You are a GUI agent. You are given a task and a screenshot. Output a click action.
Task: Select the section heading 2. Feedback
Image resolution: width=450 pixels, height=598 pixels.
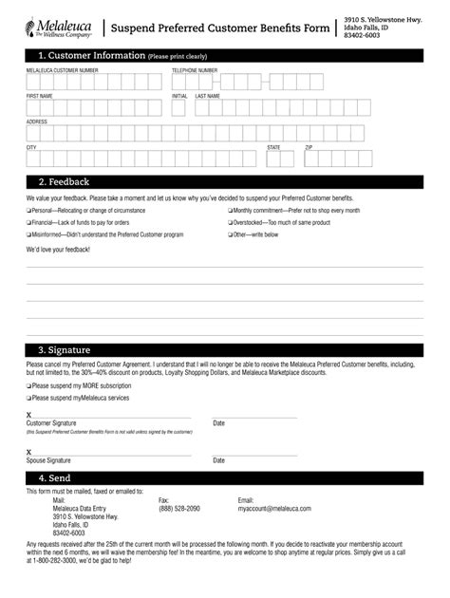point(64,180)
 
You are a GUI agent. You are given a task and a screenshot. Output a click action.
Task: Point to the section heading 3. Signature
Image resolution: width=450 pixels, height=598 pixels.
point(66,349)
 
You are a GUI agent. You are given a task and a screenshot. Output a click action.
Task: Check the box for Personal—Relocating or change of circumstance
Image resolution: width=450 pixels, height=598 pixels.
point(28,210)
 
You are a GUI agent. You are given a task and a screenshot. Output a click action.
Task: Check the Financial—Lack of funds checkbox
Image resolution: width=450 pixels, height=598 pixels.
point(28,222)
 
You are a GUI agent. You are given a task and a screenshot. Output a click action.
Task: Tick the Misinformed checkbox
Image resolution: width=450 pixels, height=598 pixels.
point(28,234)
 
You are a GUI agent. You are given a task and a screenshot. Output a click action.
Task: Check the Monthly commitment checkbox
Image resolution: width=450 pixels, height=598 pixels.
point(230,210)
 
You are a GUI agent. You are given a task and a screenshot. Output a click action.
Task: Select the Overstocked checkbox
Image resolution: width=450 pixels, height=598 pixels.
point(230,222)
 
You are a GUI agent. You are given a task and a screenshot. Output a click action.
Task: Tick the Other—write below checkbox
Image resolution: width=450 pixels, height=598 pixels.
point(230,234)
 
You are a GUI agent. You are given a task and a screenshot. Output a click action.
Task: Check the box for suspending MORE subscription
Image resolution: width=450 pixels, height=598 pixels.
point(28,386)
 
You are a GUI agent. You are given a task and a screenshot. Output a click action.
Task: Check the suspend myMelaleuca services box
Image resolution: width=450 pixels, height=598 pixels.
point(28,398)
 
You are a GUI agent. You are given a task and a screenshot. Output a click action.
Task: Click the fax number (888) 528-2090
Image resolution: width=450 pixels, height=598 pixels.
point(178,509)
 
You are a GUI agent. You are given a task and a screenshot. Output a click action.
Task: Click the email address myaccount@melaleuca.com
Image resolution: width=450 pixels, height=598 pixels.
point(274,509)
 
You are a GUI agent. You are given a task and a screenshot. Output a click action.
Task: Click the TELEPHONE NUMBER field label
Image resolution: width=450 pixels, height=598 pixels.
point(195,71)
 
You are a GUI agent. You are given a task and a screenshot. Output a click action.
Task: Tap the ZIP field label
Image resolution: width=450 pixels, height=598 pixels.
point(309,148)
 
